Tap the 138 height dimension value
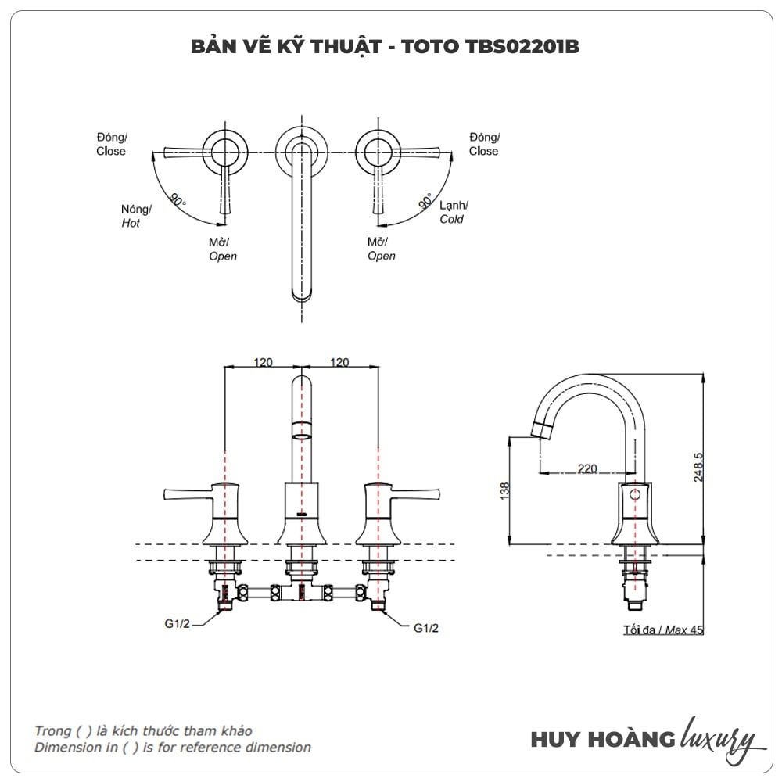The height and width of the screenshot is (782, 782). [504, 490]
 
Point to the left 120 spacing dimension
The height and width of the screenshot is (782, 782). [263, 362]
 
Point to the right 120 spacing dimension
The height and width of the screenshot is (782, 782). [339, 362]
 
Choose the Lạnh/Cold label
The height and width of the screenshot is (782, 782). [453, 212]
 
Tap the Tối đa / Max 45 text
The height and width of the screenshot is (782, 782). [662, 630]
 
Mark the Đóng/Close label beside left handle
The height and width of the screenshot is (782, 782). [111, 145]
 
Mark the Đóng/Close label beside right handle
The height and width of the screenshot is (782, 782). [484, 145]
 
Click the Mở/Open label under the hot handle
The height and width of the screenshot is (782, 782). [222, 249]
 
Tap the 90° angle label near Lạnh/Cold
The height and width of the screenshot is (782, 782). [425, 201]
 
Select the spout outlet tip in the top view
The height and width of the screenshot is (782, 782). [301, 295]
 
